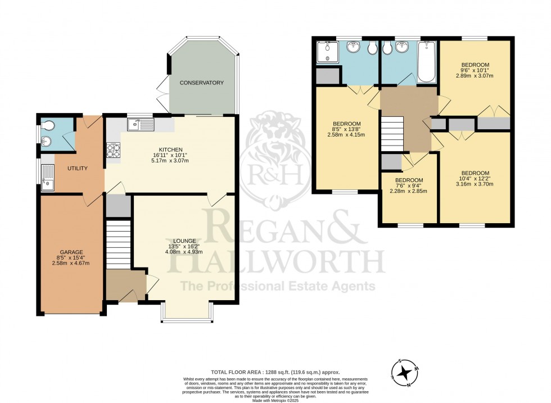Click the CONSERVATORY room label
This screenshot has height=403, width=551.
(x=201, y=83)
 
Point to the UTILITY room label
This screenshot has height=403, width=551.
(x=78, y=168)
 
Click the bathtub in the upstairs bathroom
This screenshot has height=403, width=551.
(x=426, y=60)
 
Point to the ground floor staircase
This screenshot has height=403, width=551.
(x=118, y=244)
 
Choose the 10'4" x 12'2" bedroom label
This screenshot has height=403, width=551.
(x=475, y=179)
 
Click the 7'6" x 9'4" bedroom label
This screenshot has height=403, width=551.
(x=409, y=185)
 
